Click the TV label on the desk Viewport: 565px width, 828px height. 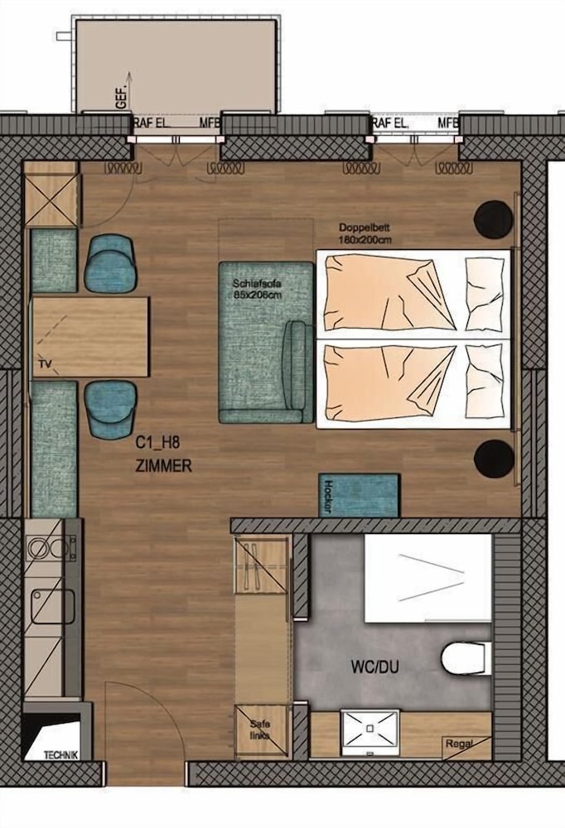click(45, 363)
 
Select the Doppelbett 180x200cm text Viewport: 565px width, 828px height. click(365, 233)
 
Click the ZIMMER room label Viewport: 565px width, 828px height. click(163, 466)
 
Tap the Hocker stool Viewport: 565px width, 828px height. click(360, 495)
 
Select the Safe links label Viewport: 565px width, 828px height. click(260, 729)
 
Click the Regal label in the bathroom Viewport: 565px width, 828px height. click(458, 744)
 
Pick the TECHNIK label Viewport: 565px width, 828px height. click(61, 754)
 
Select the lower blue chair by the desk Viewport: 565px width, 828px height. click(110, 408)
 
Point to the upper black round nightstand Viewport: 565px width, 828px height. click(493, 218)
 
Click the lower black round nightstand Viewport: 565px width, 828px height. click(494, 458)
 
